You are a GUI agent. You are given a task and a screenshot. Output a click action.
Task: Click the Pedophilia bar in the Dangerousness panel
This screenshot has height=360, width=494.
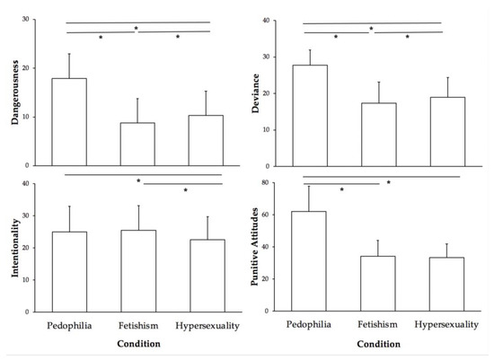click(x=69, y=122)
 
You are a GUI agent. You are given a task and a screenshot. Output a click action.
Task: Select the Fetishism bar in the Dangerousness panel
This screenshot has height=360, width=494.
click(x=137, y=145)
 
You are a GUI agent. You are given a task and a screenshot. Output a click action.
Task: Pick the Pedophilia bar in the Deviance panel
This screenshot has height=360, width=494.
click(x=310, y=116)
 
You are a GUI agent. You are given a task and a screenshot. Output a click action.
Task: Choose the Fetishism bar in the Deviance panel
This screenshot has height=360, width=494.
click(x=377, y=135)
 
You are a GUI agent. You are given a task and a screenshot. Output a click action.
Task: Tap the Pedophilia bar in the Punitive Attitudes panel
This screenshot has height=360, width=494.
click(x=310, y=261)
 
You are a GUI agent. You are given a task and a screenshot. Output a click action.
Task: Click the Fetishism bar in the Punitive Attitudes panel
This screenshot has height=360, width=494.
click(x=377, y=284)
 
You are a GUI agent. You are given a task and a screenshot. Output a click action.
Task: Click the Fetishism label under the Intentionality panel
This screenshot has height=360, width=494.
click(x=137, y=324)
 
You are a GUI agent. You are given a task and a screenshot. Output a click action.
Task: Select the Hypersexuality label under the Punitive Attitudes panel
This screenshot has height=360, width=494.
click(x=446, y=324)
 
